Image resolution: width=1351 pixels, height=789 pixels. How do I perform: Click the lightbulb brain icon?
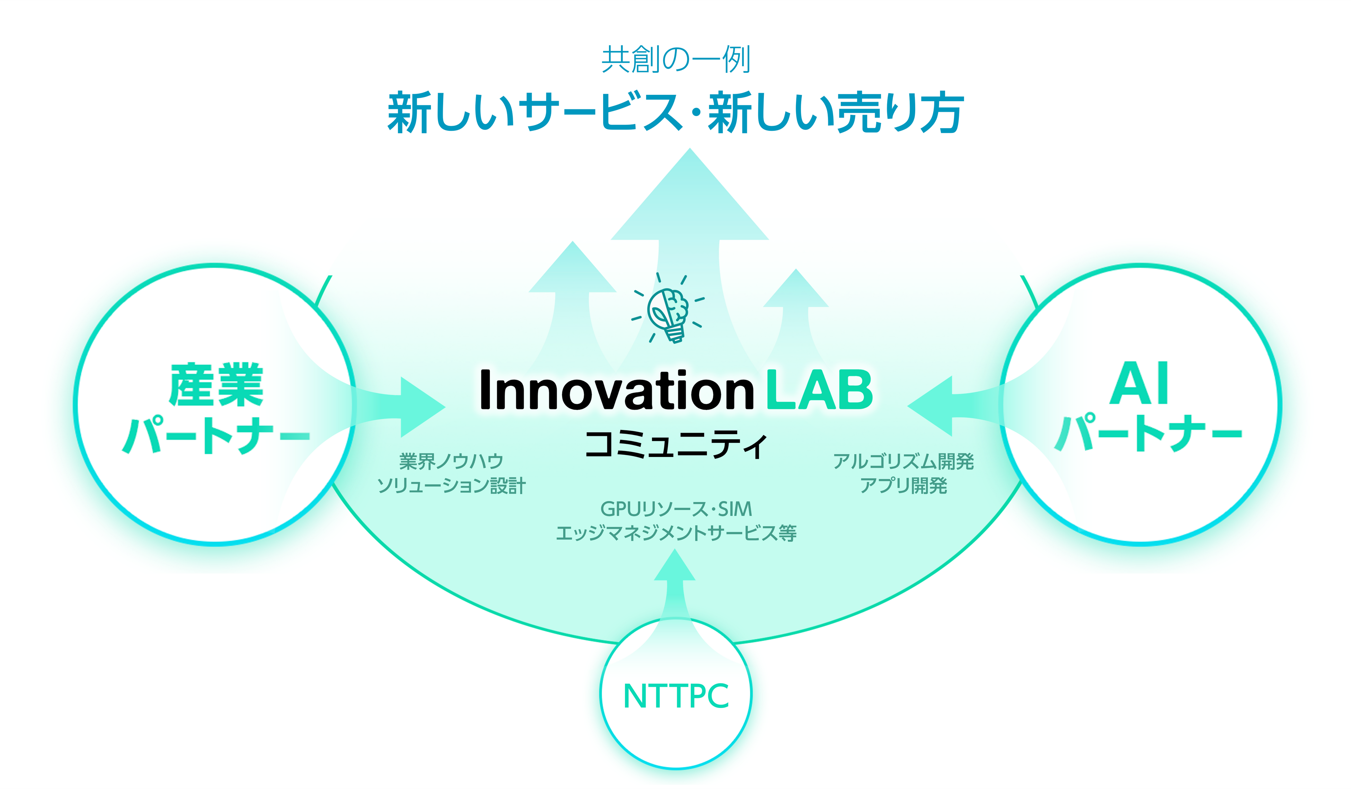coord(668,308)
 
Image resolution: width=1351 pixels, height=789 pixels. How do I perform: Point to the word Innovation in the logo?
coord(617,390)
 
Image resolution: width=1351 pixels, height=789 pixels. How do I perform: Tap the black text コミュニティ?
coord(676,445)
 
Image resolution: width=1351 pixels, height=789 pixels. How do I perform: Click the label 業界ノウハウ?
coord(451,461)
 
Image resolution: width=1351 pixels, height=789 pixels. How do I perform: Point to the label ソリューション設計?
coord(451,486)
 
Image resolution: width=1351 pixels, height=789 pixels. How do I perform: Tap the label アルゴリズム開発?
coord(903,461)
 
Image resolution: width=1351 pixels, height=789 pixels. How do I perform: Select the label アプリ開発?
coord(903,486)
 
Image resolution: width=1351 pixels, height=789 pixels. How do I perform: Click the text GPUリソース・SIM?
coord(676,509)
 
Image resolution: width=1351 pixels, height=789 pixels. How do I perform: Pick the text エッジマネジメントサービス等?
coord(676,533)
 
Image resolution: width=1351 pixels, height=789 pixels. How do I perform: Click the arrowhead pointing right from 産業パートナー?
coord(423,407)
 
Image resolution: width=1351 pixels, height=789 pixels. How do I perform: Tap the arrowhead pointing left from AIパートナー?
coord(930,406)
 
